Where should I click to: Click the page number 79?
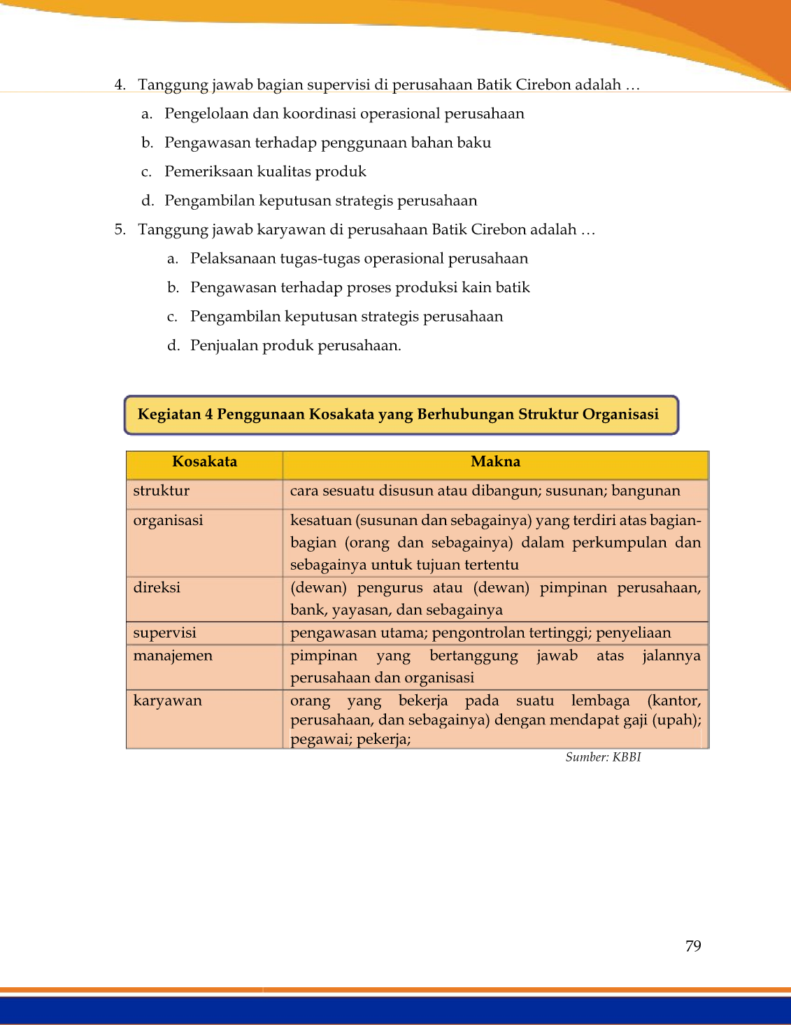(x=693, y=946)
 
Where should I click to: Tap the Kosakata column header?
(x=204, y=461)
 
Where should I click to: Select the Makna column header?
(x=495, y=461)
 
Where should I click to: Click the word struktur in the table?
(x=162, y=491)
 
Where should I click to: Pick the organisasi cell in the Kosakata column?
(x=169, y=520)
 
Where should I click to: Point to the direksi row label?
(x=157, y=587)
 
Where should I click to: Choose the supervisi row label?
(x=164, y=633)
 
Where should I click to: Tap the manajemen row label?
(x=173, y=656)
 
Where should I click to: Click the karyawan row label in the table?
(x=168, y=701)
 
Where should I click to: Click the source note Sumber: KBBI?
(x=603, y=757)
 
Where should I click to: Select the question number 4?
(x=120, y=85)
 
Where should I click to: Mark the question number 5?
(x=120, y=230)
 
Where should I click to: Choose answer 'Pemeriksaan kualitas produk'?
(x=265, y=172)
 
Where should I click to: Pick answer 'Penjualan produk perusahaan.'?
(x=295, y=345)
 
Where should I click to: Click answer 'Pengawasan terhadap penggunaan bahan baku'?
(x=327, y=143)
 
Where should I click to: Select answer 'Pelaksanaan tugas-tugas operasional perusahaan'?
(x=359, y=259)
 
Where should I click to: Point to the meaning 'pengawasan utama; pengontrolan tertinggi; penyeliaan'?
(x=480, y=633)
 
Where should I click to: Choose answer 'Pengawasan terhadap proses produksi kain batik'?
(x=359, y=287)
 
